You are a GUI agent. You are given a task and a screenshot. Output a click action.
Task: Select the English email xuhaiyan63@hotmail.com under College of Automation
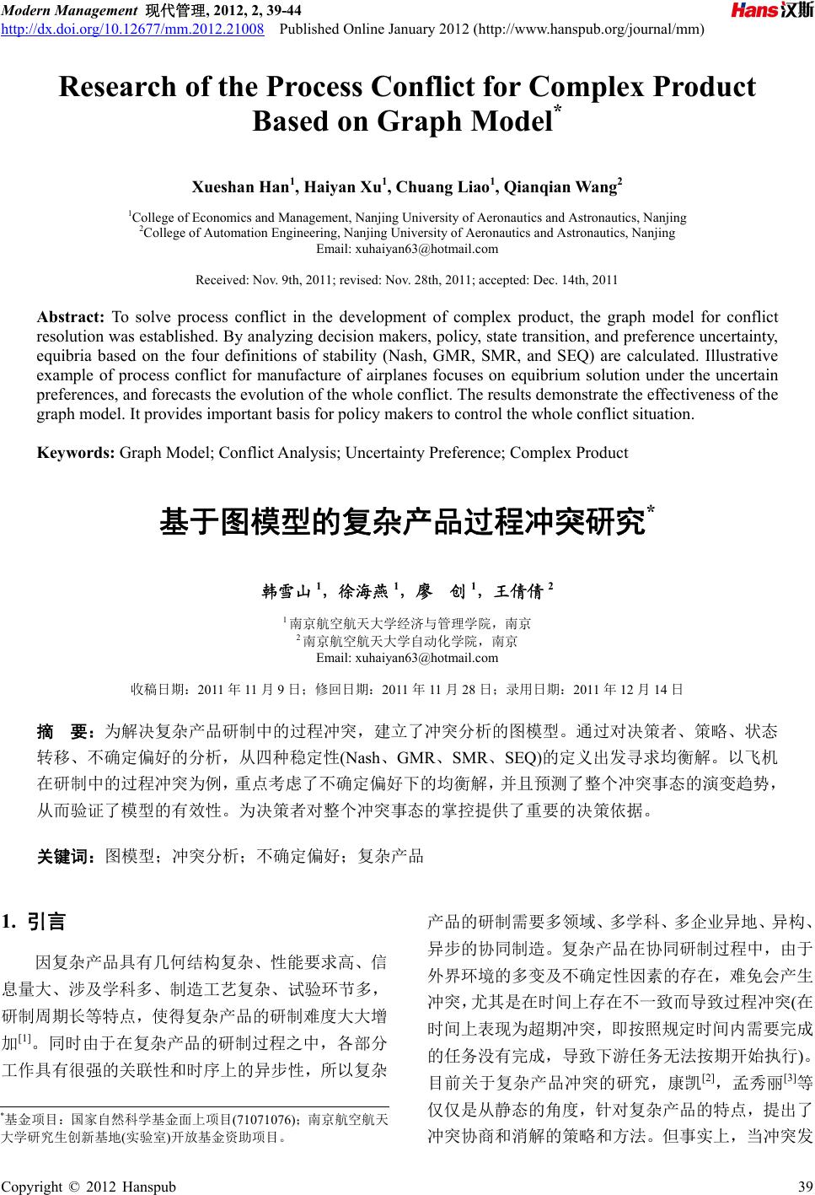click(x=407, y=248)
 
